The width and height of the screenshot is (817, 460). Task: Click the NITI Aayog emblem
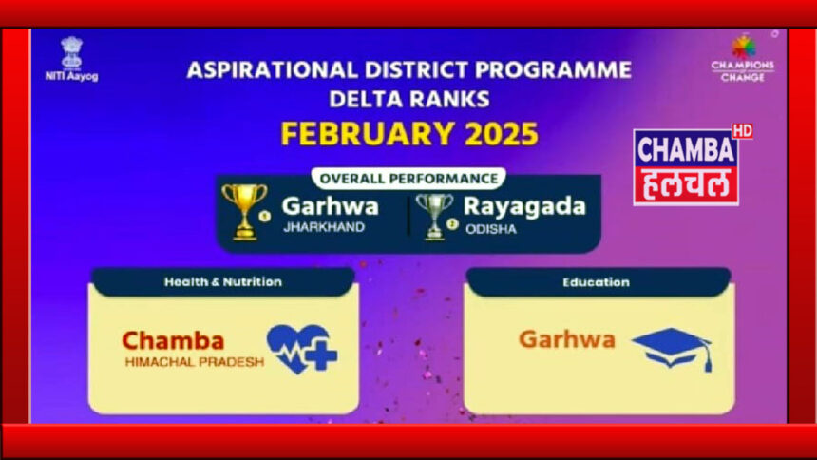[71, 52]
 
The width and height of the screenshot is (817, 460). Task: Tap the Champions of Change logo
[743, 58]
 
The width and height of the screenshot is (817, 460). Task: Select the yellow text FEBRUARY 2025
[409, 133]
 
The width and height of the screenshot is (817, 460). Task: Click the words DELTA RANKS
[409, 99]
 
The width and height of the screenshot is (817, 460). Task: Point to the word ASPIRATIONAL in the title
[272, 70]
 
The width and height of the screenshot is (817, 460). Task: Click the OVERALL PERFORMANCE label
[408, 179]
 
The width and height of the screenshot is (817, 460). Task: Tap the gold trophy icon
[244, 212]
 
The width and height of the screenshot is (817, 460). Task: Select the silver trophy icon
[434, 217]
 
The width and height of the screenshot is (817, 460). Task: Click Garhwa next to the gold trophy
[331, 206]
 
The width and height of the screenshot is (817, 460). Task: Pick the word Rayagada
[524, 207]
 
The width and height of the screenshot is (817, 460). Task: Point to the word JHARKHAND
[324, 227]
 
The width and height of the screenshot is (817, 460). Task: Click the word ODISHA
[491, 229]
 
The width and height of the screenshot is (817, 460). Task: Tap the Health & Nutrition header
[223, 282]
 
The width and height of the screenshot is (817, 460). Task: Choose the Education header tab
[596, 282]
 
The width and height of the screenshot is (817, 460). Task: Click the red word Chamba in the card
[173, 341]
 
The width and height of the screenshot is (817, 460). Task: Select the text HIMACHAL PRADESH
[195, 362]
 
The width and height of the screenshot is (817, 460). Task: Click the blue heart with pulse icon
[302, 350]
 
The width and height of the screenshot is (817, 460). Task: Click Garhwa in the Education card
[567, 339]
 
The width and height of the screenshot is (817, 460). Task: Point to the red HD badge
[742, 131]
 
